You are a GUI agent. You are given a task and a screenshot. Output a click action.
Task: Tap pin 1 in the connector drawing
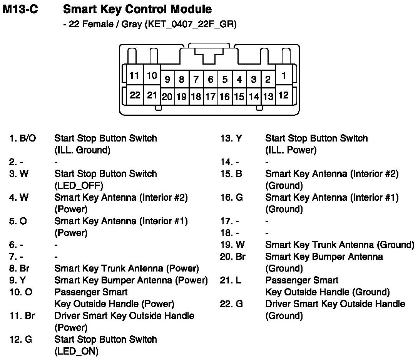pyautogui.click(x=283, y=75)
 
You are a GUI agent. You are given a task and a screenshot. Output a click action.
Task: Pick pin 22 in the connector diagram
pyautogui.click(x=134, y=95)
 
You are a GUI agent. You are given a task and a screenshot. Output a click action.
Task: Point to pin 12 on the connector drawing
pyautogui.click(x=283, y=95)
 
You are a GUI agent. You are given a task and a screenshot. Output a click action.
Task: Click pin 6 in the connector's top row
pyautogui.click(x=211, y=80)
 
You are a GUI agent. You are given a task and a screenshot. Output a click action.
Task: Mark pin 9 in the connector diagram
pyautogui.click(x=167, y=80)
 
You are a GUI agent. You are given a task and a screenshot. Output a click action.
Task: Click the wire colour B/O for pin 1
pyautogui.click(x=28, y=138)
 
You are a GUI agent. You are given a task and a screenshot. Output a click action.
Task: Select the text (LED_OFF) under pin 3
pyautogui.click(x=79, y=185)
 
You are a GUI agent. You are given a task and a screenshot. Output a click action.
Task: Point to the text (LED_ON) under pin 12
pyautogui.click(x=76, y=351)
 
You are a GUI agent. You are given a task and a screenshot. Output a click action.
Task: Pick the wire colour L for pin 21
pyautogui.click(x=239, y=280)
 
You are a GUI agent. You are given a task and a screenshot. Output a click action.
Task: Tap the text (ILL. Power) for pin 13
pyautogui.click(x=291, y=150)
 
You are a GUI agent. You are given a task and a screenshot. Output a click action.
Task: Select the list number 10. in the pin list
pyautogui.click(x=15, y=292)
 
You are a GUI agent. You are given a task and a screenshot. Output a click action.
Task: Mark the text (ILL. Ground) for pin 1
pyautogui.click(x=82, y=150)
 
